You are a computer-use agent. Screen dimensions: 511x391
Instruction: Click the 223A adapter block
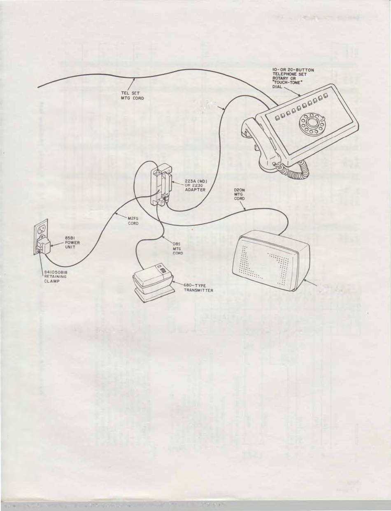(x=162, y=185)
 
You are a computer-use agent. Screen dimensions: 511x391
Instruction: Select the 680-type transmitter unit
(x=152, y=282)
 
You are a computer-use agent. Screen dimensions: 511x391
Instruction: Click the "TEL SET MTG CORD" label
(x=130, y=96)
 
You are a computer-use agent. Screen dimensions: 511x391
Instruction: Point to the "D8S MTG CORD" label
(x=178, y=249)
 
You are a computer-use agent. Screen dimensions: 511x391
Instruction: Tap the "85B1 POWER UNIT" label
(x=72, y=242)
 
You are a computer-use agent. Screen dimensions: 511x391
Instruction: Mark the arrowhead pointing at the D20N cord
(x=246, y=210)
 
